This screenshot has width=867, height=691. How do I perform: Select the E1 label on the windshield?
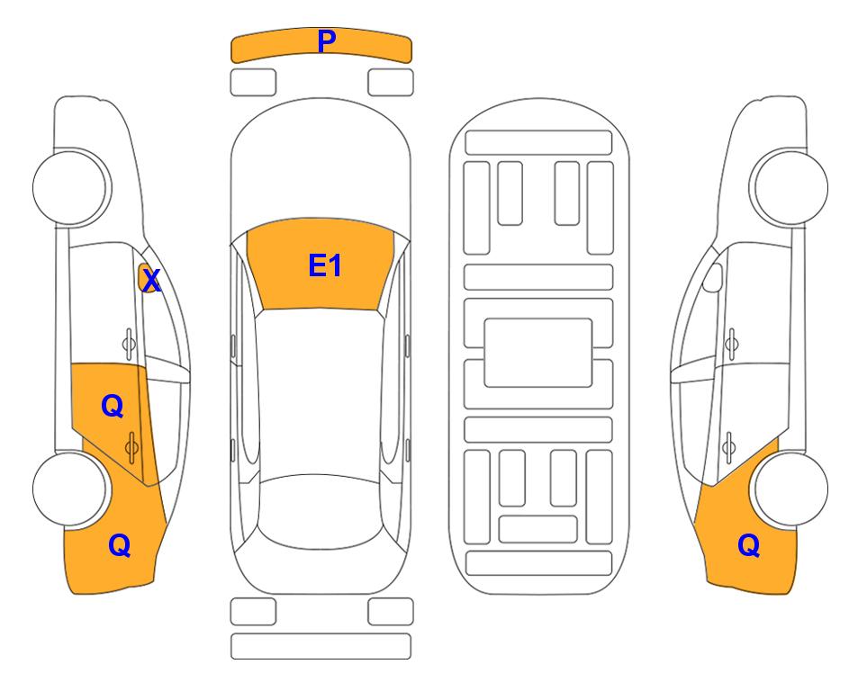[x=325, y=265]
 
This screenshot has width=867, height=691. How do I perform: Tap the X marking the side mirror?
[x=151, y=281]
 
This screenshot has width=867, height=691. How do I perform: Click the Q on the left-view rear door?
[x=113, y=407]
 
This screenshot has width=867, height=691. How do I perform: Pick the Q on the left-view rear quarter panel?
[x=120, y=545]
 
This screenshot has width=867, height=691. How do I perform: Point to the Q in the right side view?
[x=749, y=545]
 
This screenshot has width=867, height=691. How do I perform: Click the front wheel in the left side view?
[x=71, y=187]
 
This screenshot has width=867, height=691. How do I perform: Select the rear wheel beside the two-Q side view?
[x=69, y=489]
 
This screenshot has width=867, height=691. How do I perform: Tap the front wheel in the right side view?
[x=790, y=187]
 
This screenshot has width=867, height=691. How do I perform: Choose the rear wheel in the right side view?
[x=790, y=489]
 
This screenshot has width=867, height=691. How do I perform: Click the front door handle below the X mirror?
[x=128, y=344]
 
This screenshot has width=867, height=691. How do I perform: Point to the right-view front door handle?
[x=732, y=344]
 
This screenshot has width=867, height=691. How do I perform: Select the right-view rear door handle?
[x=729, y=446]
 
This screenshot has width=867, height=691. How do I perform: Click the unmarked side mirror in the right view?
[x=713, y=277]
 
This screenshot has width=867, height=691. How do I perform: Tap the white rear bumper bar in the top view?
[x=321, y=646]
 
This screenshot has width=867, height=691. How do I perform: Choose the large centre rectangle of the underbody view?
[x=538, y=353]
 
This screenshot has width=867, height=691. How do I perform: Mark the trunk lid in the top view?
[x=321, y=570]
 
